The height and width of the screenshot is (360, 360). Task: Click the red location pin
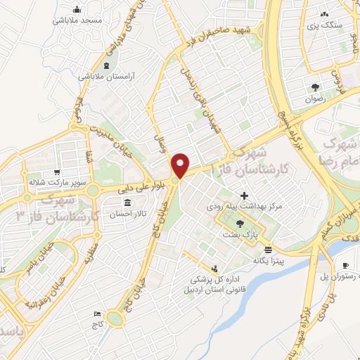(x=181, y=165)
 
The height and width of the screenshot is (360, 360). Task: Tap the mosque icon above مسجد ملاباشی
(x=77, y=11)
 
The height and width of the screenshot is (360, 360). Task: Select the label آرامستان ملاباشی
(x=98, y=75)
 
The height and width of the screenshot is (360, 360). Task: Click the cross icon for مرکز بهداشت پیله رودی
(x=244, y=195)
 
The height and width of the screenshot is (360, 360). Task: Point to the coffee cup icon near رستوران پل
(x=345, y=265)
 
